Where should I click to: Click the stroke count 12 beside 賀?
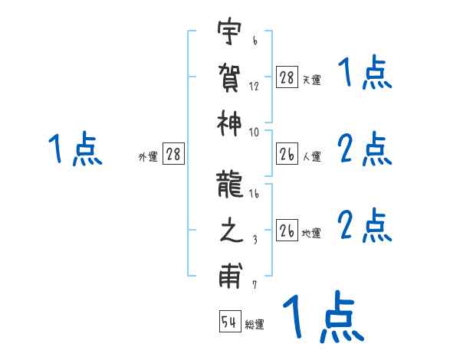coord(254,87)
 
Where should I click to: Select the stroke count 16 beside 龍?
coord(255,195)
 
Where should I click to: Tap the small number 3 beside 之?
coord(254,240)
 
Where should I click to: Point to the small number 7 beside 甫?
coord(254,285)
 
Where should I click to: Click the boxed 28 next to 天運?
coord(287,77)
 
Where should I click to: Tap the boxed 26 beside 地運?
coord(287,231)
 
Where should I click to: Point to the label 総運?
coord(255,325)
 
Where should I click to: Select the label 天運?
coord(310,80)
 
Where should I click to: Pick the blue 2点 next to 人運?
coord(365,150)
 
